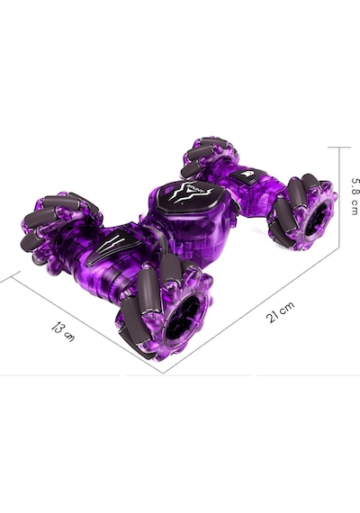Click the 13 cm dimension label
(x=63, y=332)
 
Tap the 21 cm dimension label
(x=280, y=312)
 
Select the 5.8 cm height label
(x=355, y=196)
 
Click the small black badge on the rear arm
(x=247, y=176)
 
